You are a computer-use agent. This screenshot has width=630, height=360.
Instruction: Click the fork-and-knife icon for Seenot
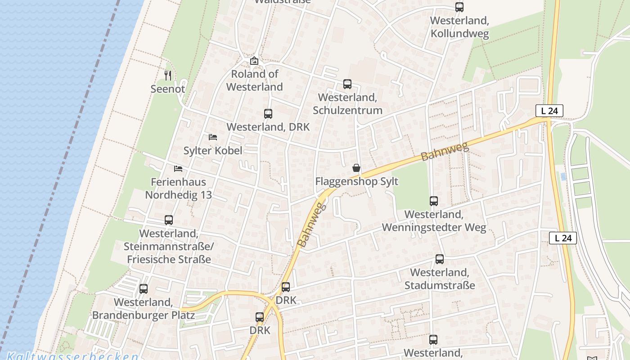point(168,75)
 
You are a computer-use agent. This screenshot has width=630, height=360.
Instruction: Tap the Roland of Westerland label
point(255,81)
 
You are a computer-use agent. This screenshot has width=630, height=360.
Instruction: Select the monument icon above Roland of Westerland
point(254,61)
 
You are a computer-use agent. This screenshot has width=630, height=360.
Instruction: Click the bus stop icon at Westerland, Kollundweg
point(459,7)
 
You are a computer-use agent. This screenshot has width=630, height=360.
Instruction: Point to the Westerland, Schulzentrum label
point(347,104)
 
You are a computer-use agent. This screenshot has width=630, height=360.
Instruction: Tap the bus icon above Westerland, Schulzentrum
point(347,84)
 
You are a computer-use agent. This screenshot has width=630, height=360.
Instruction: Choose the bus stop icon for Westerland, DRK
point(268,114)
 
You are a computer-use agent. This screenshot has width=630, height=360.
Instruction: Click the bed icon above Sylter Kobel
point(213,137)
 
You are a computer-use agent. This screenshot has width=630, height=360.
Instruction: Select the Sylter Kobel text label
point(213,150)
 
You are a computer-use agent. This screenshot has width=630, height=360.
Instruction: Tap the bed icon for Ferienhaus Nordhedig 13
point(178,169)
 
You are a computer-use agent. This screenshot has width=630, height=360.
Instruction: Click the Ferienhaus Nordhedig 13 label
point(178,189)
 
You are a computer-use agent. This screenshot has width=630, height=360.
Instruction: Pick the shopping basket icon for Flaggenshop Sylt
point(356,168)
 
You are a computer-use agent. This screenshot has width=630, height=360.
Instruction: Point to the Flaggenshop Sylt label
point(356,182)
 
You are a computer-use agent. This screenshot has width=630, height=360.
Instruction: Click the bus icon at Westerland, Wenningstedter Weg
point(434,201)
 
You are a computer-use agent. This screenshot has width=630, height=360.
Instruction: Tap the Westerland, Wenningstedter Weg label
point(434,221)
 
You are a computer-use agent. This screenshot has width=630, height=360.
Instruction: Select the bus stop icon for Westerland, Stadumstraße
point(440,259)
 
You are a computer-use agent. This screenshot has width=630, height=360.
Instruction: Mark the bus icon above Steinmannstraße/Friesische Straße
point(169,220)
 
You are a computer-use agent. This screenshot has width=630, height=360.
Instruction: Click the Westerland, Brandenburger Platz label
point(143,309)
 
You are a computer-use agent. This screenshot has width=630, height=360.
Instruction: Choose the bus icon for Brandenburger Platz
point(144,289)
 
